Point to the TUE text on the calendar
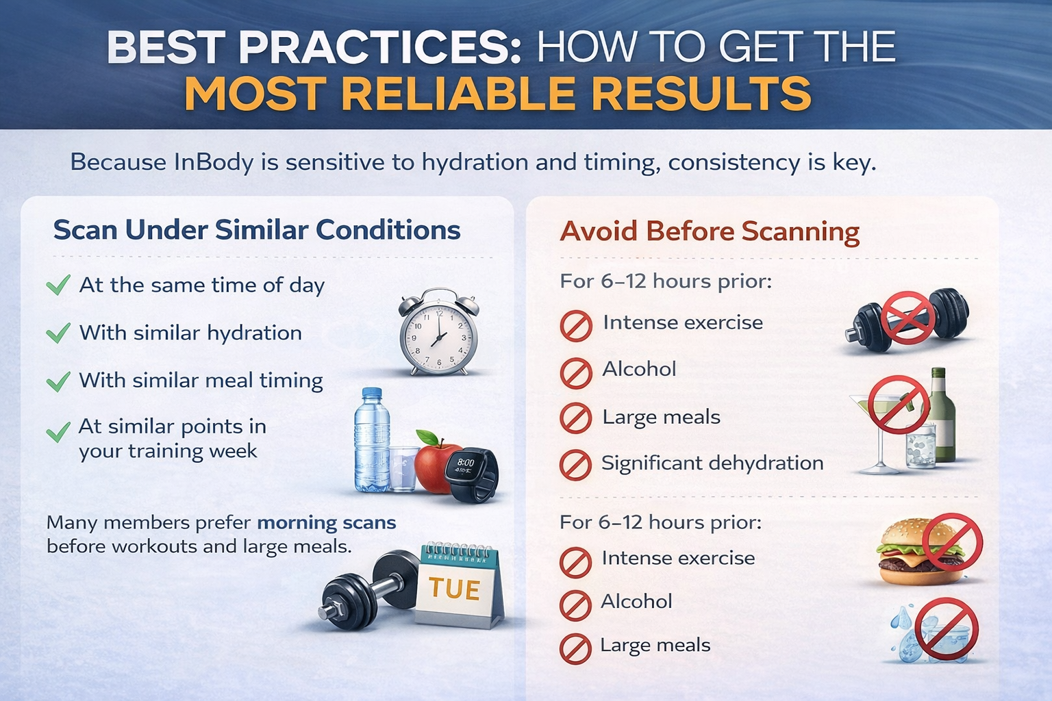coord(454,589)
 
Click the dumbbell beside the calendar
coord(363,589)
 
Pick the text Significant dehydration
coord(712,463)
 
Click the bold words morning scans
coord(327,523)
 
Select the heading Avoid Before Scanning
coord(710,231)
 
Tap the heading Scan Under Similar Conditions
coord(257,230)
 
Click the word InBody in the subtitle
coord(214,162)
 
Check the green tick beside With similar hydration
coord(58,333)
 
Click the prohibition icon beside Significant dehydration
coord(575,466)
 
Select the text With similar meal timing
coord(201,381)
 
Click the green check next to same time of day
coord(58,285)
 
